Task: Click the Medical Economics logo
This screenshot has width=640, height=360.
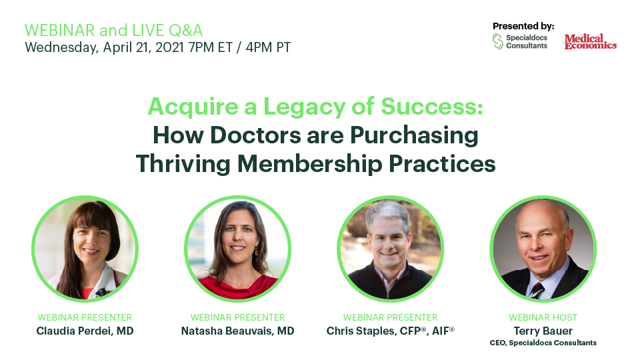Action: click(x=591, y=41)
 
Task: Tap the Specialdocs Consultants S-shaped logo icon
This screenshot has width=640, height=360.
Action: click(x=497, y=41)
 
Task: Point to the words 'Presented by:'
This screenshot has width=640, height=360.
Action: click(x=523, y=26)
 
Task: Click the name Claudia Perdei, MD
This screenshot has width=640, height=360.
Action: click(x=85, y=331)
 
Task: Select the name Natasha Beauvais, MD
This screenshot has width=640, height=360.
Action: click(x=237, y=331)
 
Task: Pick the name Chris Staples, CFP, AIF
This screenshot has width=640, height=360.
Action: click(x=390, y=331)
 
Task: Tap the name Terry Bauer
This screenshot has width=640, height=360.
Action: click(x=543, y=331)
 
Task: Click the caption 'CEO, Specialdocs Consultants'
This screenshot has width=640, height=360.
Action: click(x=543, y=343)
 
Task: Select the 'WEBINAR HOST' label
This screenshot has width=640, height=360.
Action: click(x=543, y=317)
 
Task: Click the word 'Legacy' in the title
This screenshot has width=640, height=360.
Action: click(x=305, y=107)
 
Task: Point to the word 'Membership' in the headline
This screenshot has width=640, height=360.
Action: click(x=310, y=164)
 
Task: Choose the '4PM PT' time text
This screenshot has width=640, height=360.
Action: click(x=268, y=47)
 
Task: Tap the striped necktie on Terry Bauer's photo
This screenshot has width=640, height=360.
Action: click(x=537, y=290)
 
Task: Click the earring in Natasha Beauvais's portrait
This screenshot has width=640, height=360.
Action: click(x=257, y=251)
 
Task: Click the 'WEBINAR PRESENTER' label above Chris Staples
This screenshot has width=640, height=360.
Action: click(x=390, y=317)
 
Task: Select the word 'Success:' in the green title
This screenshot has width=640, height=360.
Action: click(x=432, y=107)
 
